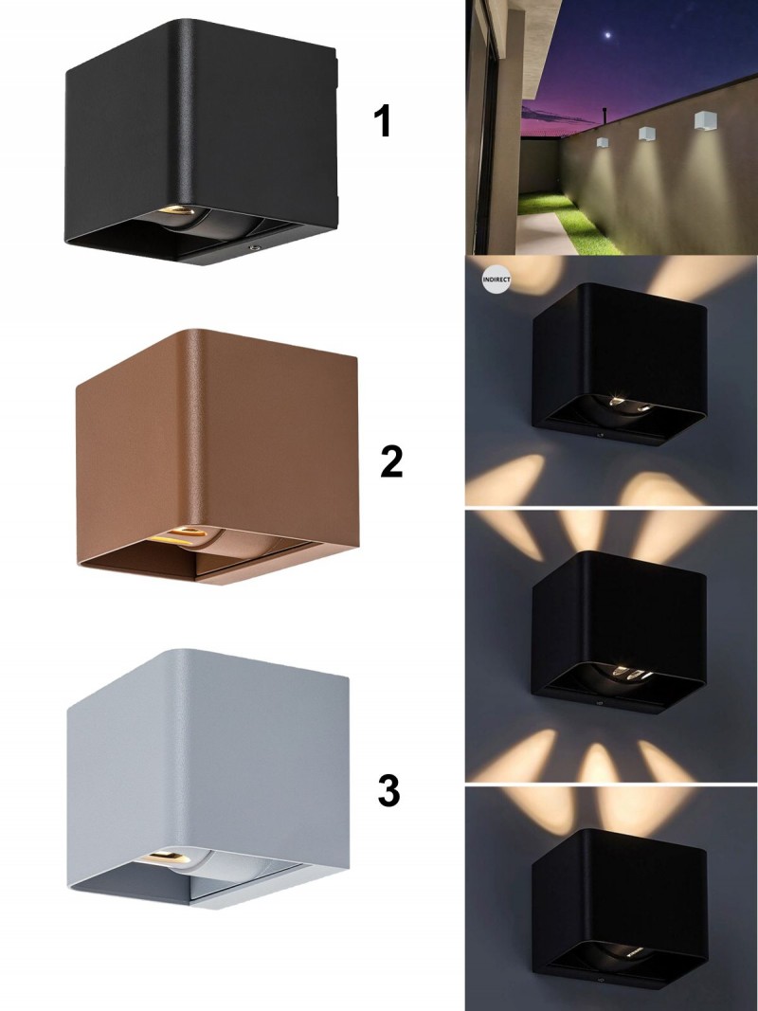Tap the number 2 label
pos(392,461)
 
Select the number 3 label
pos(389,790)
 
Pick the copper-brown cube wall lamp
pos(217,457)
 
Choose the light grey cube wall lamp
pos(208,778)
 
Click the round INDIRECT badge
pos(496,280)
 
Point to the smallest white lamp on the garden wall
pos(603,142)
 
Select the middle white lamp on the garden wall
pos(646,134)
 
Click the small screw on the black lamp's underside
pos(254,247)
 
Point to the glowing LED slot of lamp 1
pos(175,210)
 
